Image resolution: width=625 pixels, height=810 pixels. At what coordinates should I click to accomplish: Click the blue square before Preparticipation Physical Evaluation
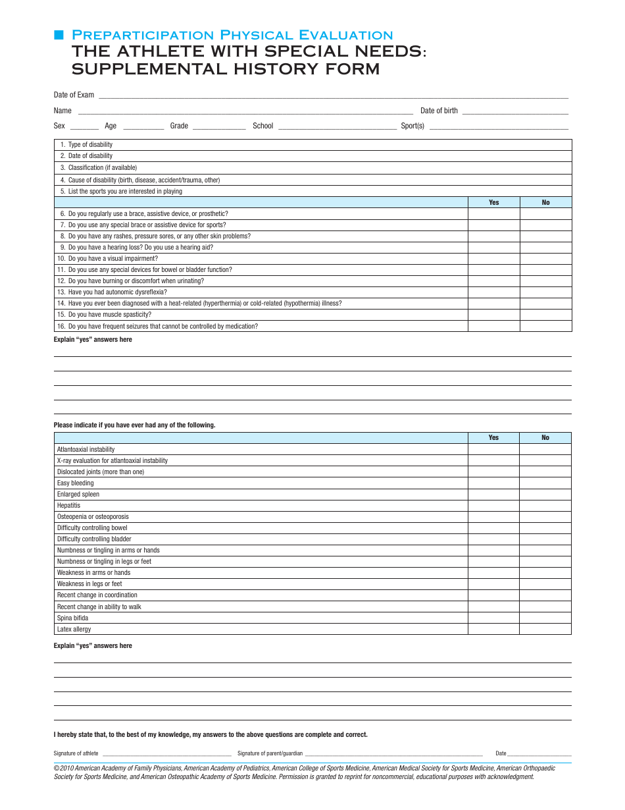click(x=58, y=35)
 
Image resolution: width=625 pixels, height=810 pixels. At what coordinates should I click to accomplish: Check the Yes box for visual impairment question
click(x=493, y=259)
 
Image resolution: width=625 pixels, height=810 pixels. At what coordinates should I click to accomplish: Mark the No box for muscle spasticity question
click(x=545, y=315)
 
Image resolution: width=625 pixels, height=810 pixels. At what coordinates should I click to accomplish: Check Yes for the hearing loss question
click(x=493, y=248)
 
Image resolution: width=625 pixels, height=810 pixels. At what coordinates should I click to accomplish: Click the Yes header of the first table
click(x=493, y=202)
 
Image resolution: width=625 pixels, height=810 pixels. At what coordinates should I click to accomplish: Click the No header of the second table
click(x=545, y=437)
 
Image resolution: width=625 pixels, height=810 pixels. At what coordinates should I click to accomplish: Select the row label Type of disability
click(x=90, y=145)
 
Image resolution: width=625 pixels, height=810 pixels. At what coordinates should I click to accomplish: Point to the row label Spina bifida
click(x=72, y=618)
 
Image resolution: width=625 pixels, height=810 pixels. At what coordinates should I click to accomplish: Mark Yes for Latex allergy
click(x=493, y=630)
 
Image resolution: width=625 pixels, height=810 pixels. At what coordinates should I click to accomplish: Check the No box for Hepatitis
click(x=545, y=506)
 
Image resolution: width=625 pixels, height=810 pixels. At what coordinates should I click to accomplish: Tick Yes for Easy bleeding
click(x=493, y=483)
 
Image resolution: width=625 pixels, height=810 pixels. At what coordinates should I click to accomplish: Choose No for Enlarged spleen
click(x=545, y=495)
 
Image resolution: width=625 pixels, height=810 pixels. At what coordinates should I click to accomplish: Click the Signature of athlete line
click(x=166, y=755)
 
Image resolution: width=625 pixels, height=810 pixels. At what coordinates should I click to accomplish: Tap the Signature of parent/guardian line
click(x=393, y=755)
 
